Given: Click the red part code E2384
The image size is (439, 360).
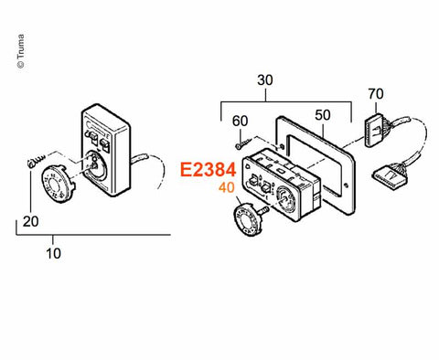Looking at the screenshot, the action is coord(208,170).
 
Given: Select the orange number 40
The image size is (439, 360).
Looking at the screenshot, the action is coord(226,187).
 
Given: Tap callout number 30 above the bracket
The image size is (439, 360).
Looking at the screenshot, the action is coord(265,80).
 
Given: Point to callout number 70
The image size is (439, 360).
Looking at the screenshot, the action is coord(376,94).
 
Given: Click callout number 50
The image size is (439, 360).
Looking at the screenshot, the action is coord(323,115).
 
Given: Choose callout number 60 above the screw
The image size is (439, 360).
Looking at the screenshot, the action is coord(240,122).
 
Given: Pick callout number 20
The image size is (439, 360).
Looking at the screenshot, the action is coord(30,222).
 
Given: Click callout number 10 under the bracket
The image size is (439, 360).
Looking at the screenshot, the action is coord(53,253).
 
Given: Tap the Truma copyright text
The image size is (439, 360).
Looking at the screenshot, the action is coord(21,51).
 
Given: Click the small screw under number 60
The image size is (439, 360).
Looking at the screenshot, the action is coord(243,143).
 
